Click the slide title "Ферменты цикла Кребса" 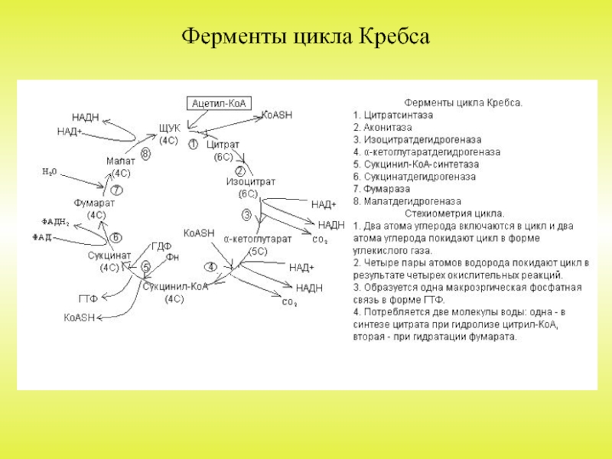point(306,37)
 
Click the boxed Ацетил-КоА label point(221,103)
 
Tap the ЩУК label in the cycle point(169,129)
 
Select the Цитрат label point(223,144)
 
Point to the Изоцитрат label point(250,182)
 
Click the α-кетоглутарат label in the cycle point(258,239)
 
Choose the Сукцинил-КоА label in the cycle point(175,286)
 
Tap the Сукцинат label point(109,255)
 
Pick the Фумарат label point(95,203)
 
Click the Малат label point(120,161)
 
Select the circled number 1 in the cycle point(194,143)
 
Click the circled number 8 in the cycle point(145,154)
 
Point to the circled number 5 point(145,266)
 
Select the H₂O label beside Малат point(50,173)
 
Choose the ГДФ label point(161,246)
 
